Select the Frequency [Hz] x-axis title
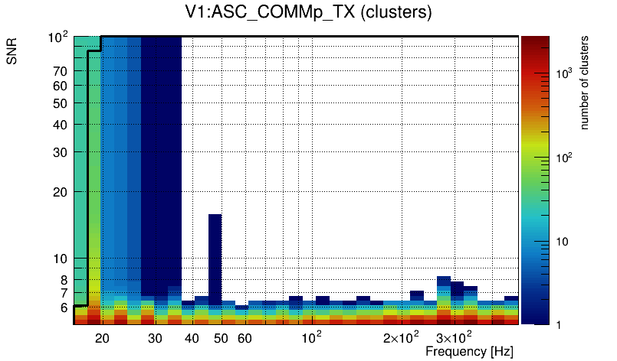pyautogui.click(x=469, y=351)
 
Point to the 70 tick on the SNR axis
pyautogui.click(x=61, y=71)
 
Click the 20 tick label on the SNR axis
pyautogui.click(x=61, y=192)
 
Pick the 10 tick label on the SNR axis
pyautogui.click(x=61, y=259)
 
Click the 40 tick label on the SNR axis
pyautogui.click(x=61, y=125)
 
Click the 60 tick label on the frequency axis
pyautogui.click(x=245, y=338)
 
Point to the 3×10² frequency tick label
pyautogui.click(x=454, y=337)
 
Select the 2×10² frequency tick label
pyautogui.click(x=401, y=337)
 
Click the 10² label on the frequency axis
pyautogui.click(x=310, y=337)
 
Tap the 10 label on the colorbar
pyautogui.click(x=561, y=242)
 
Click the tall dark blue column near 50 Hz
pyautogui.click(x=215, y=260)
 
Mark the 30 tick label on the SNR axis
pyautogui.click(x=61, y=152)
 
